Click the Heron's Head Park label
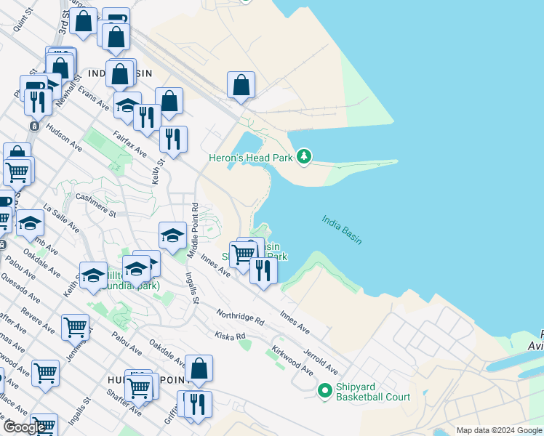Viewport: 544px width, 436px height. (251, 157)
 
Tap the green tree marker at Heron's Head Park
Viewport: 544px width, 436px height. (305, 156)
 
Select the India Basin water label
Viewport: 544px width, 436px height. (342, 229)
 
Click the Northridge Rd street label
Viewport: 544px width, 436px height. (239, 316)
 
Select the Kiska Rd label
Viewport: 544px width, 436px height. (231, 336)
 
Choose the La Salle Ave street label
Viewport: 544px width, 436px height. (61, 217)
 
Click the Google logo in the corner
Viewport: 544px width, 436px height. (24, 427)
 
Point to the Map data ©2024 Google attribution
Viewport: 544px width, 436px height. (498, 430)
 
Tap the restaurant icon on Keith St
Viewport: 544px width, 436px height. (173, 139)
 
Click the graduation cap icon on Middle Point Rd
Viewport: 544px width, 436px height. (172, 235)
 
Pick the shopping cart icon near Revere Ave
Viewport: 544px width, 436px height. (75, 328)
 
